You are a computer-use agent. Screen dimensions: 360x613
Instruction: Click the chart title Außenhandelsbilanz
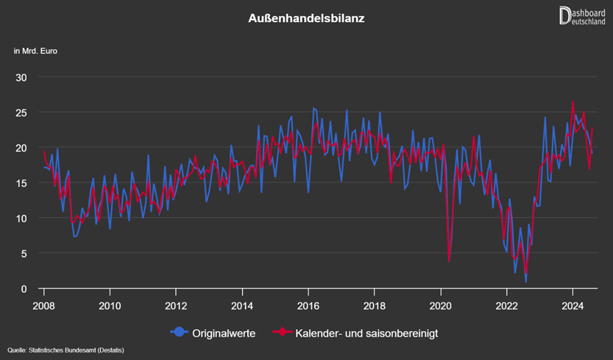(306, 19)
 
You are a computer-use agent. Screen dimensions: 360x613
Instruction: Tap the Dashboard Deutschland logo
(581, 15)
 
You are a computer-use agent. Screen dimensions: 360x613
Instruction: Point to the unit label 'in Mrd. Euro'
(35, 52)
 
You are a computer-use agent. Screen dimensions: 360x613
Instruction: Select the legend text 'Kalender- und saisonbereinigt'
(366, 332)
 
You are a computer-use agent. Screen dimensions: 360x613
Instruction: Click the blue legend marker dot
(179, 332)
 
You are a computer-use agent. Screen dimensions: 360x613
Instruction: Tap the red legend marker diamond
(281, 332)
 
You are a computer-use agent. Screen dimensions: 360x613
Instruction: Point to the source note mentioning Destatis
(66, 350)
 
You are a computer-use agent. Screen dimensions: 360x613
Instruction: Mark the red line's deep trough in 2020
(449, 261)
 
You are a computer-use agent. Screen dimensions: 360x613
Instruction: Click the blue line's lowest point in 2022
(526, 281)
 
